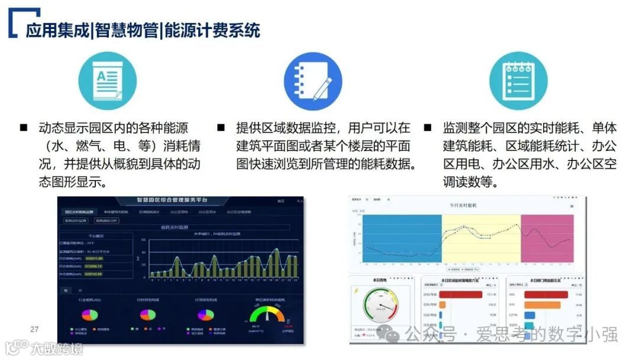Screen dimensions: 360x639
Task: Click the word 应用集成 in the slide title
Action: pyautogui.click(x=57, y=30)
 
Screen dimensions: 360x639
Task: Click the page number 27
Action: pyautogui.click(x=34, y=329)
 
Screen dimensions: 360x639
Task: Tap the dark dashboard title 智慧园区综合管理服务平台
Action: pyautogui.click(x=172, y=201)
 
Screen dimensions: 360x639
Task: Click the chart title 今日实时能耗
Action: pyautogui.click(x=466, y=205)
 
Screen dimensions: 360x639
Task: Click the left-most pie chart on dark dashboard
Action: pyautogui.click(x=89, y=314)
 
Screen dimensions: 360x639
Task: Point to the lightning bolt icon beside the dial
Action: pyautogui.click(x=356, y=290)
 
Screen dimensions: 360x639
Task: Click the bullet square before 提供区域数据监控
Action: pyautogui.click(x=221, y=128)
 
